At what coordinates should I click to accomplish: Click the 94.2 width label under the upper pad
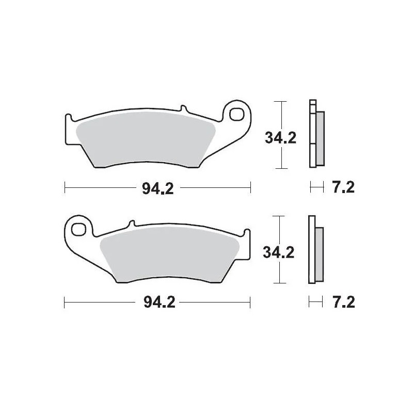click(x=157, y=188)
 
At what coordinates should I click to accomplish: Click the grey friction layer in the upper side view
click(x=320, y=138)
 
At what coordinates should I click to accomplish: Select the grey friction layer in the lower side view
click(x=319, y=253)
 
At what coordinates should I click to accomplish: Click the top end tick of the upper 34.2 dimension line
click(x=280, y=102)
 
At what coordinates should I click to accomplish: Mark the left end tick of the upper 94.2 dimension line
click(x=64, y=188)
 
